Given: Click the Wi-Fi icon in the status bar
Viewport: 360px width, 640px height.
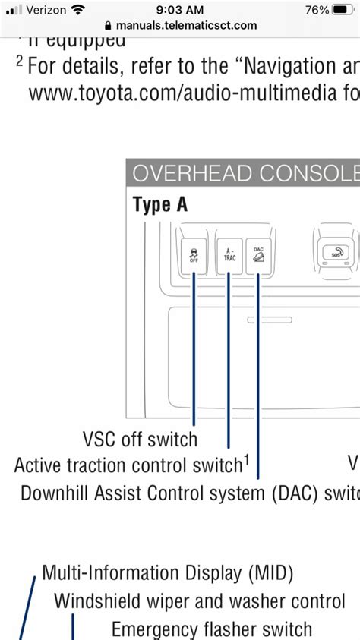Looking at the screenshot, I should pos(78,10).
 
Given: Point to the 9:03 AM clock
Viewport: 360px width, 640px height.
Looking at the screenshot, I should pos(180,10).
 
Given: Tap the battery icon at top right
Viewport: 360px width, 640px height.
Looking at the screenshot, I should pos(343,10).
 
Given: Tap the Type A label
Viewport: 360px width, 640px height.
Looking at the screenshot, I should pos(159,205).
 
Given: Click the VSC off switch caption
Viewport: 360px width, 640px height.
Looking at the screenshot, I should pos(140,439).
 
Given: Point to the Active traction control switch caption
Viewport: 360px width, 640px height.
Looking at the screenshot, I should pos(129,465).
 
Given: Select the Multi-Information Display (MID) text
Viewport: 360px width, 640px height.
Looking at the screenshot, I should pos(167,572).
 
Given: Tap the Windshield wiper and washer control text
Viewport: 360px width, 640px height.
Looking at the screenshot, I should pos(199,601).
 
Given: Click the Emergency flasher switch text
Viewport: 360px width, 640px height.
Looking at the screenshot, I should pos(211,629).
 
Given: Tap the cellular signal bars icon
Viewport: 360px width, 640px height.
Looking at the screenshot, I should pos(14,10).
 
